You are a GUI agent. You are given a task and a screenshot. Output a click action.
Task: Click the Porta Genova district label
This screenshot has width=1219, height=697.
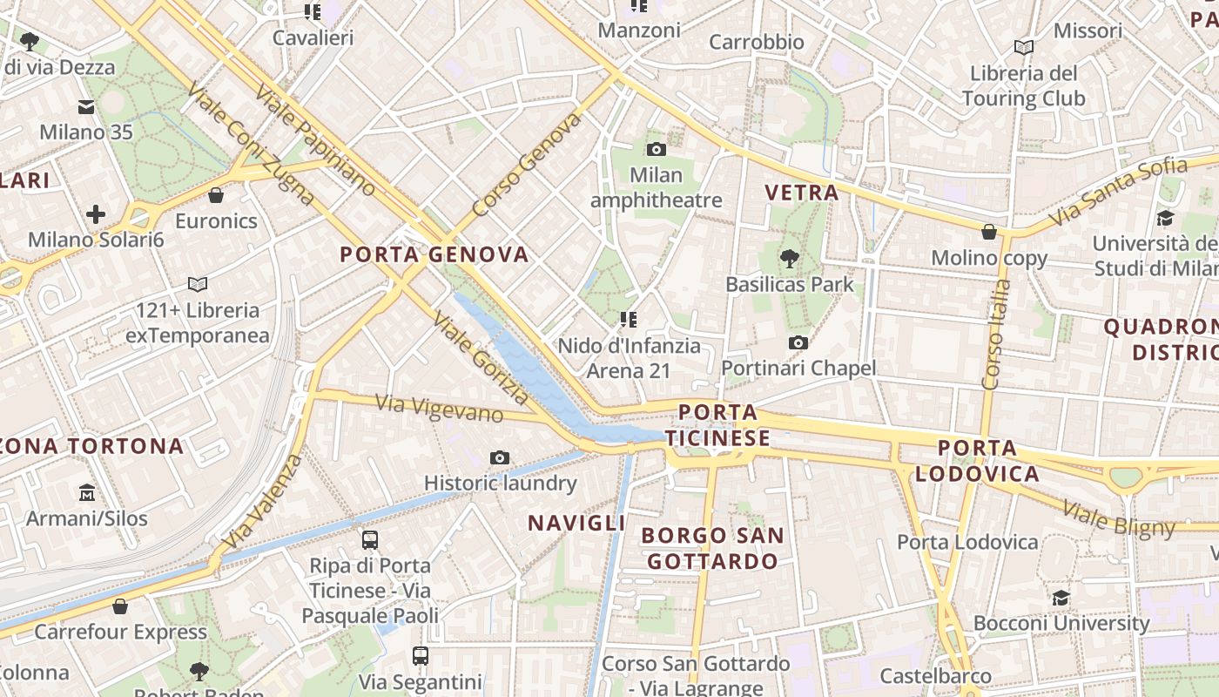point(434,254)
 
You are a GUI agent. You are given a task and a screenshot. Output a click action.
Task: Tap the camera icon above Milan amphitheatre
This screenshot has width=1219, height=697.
point(657,149)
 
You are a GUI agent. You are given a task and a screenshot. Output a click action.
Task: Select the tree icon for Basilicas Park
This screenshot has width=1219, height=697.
point(790,258)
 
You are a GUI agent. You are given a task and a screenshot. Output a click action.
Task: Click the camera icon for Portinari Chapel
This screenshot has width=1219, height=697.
point(798,343)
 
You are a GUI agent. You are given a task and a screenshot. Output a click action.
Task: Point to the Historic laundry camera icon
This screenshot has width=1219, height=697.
point(499,457)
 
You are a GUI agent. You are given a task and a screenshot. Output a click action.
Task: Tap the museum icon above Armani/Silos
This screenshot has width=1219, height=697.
point(86,493)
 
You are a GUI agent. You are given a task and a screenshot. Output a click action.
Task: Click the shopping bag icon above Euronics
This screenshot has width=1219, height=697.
point(216,195)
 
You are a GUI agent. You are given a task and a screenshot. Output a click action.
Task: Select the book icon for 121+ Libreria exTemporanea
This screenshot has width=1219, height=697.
point(198,284)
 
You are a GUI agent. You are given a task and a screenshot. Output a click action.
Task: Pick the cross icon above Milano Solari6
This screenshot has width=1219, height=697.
point(96,213)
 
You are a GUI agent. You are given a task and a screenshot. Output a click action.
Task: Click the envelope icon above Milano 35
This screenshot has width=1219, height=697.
point(86,107)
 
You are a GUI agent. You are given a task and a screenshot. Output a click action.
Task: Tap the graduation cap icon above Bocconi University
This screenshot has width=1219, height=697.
point(1061,599)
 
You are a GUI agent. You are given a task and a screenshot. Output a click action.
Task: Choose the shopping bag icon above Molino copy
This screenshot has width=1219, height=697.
point(989,232)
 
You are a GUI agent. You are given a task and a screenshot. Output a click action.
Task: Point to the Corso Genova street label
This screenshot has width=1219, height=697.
point(526,165)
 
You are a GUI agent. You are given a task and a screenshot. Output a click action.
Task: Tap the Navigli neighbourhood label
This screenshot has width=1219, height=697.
point(576,523)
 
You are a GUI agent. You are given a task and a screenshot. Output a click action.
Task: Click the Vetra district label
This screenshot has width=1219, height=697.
point(801,193)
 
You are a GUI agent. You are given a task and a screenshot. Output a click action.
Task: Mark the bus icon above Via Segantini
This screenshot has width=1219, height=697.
point(421,655)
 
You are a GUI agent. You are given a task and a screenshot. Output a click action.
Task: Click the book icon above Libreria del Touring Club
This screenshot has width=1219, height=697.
point(1024,47)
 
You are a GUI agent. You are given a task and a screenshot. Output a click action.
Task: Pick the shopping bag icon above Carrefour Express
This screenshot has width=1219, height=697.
point(120,606)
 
